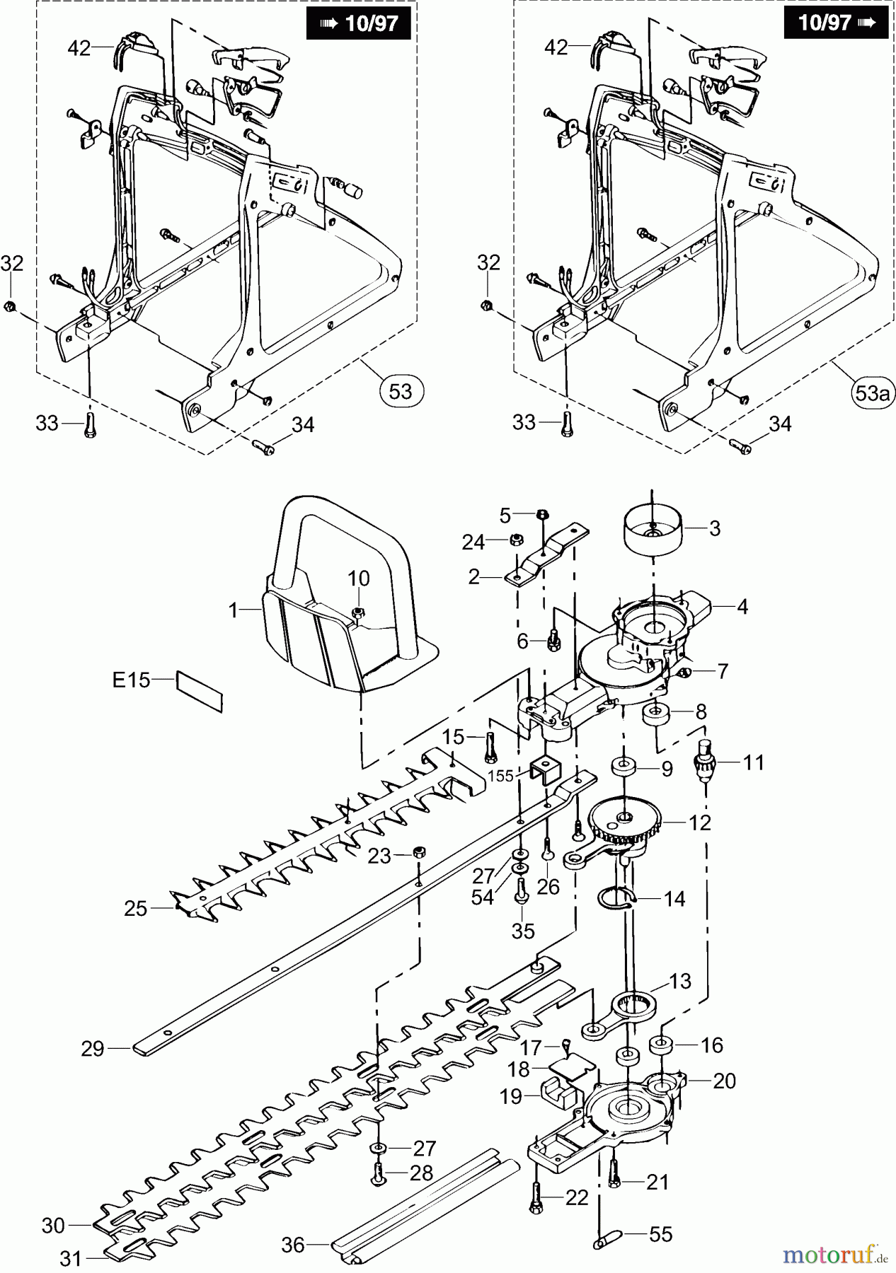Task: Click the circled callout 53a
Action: (871, 393)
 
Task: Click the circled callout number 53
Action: (401, 390)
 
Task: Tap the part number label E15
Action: (132, 680)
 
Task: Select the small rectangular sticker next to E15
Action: (200, 691)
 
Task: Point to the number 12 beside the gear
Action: (700, 822)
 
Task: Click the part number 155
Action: (501, 776)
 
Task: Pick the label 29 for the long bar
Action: (93, 1049)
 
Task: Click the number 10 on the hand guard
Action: (359, 578)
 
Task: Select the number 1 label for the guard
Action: (234, 610)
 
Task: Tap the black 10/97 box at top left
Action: (358, 23)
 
